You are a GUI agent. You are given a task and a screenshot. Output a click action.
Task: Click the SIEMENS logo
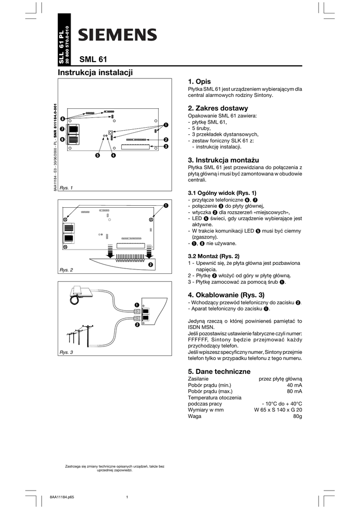117,35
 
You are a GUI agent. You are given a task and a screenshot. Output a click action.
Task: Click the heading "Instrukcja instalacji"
95,73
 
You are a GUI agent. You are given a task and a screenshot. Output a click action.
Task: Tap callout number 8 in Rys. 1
63,119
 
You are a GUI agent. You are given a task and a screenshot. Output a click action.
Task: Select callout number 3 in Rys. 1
166,147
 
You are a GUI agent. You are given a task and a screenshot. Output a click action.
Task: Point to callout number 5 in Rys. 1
98,156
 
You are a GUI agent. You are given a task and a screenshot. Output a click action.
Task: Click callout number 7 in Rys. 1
63,129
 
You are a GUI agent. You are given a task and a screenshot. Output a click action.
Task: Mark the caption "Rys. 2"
66,269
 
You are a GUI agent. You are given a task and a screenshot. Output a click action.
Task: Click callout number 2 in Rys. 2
150,264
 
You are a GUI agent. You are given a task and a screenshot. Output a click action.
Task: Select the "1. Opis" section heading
199,82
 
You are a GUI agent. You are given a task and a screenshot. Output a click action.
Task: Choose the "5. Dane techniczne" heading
219,371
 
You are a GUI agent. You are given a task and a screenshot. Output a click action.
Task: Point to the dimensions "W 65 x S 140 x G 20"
278,410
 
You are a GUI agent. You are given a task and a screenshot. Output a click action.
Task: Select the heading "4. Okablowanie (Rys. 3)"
226,294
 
